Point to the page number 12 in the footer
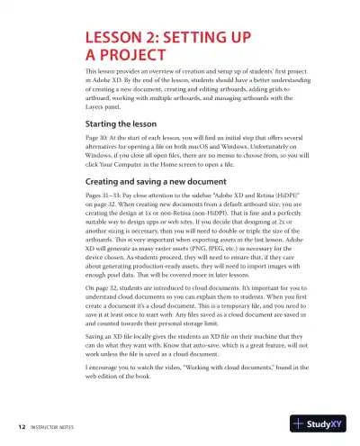(20, 423)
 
